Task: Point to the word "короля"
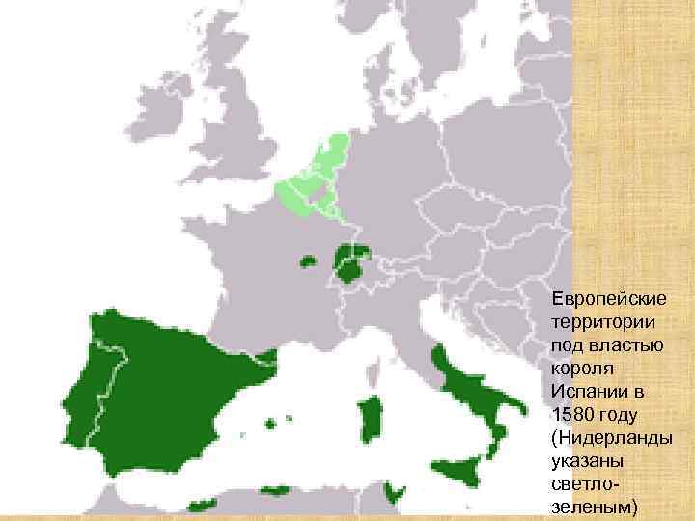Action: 579,369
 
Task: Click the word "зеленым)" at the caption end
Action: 593,508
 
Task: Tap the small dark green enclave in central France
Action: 309,260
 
